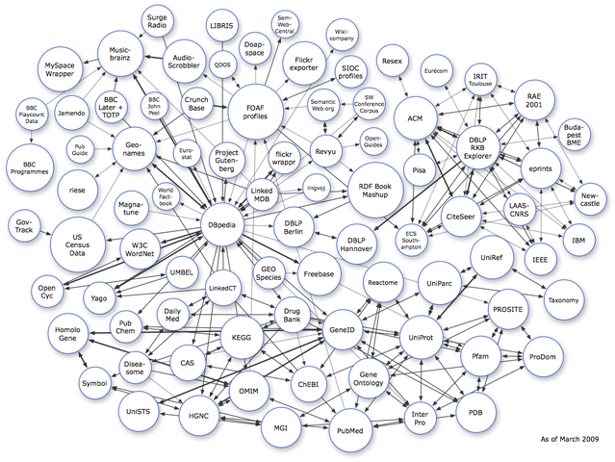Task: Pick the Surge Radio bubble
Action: pos(159,21)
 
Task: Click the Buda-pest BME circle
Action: pos(575,131)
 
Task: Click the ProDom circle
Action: pos(543,358)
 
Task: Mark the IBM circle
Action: pos(577,239)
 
